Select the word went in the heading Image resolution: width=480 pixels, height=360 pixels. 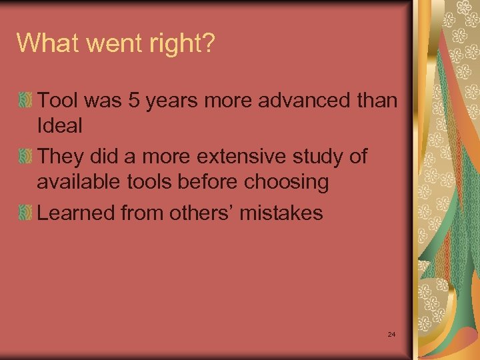113,43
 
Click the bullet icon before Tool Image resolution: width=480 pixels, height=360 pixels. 25,101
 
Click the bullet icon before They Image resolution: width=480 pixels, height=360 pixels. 25,157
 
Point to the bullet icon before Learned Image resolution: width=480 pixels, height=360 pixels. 25,213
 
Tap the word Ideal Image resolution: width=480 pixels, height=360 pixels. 59,126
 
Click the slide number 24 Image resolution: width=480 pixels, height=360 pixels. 391,333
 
